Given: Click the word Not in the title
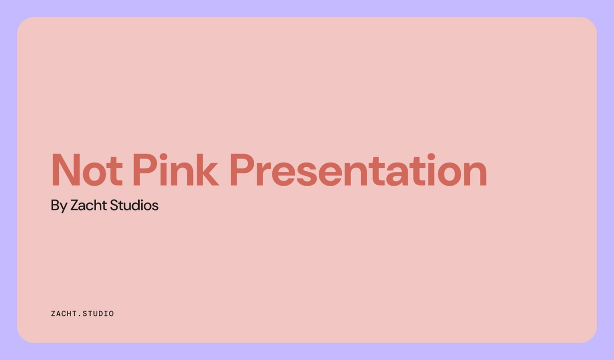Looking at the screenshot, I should point(86,170).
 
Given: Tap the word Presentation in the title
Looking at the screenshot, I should point(358,170).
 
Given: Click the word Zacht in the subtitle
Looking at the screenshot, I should point(89,206).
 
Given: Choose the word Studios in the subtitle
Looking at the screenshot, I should point(134,206).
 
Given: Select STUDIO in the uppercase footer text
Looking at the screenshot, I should point(98,313).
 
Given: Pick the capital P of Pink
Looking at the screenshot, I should point(143,170).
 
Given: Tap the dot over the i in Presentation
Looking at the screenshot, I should point(431,156).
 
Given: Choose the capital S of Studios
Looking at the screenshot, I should point(115,206).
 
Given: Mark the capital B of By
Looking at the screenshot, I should point(55,206).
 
